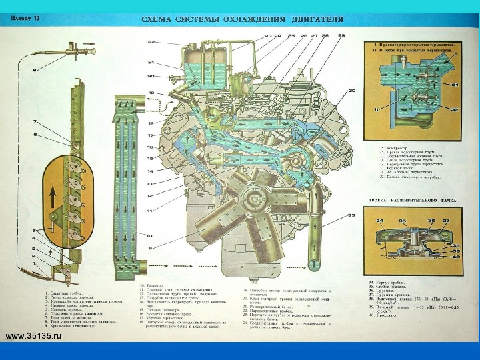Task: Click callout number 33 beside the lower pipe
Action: pyautogui.click(x=352, y=215)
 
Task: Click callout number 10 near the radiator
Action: pyautogui.click(x=151, y=243)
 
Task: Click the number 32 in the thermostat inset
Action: pyautogui.click(x=455, y=108)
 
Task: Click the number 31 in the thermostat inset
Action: pyautogui.click(x=455, y=85)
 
